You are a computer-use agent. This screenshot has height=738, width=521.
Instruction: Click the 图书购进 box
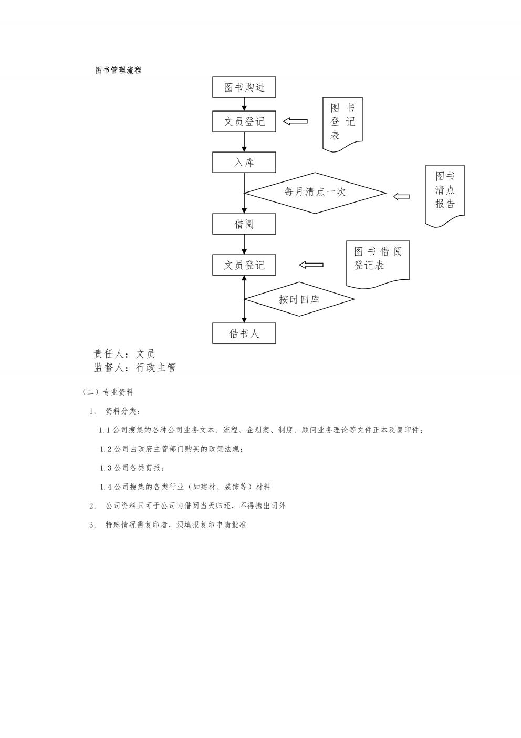coord(244,87)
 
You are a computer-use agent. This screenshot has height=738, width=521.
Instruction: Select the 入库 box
coord(244,162)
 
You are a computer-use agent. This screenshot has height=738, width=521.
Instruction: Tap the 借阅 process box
coord(244,224)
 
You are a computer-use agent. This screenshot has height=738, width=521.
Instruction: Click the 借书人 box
coord(244,333)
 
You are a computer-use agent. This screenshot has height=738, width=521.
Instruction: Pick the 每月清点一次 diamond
coord(315,193)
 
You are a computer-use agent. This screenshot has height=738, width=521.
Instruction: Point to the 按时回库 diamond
coord(299,299)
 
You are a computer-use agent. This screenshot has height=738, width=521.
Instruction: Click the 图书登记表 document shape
coord(342,124)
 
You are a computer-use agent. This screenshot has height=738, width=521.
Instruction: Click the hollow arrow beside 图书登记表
coord(295,121)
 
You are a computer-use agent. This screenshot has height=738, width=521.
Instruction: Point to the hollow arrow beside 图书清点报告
coord(402,196)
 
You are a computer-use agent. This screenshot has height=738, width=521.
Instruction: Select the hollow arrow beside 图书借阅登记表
coord(311,265)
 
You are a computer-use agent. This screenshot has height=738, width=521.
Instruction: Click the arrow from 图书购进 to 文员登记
coord(244,104)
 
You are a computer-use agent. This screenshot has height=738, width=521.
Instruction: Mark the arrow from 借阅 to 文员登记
coord(244,245)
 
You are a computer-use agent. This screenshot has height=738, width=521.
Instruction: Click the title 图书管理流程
coord(118,70)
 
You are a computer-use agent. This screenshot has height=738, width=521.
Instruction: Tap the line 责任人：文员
coord(124,354)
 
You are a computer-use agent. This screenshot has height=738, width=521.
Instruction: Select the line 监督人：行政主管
coord(135,367)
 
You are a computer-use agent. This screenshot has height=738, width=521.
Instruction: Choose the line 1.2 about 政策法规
coord(171,449)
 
